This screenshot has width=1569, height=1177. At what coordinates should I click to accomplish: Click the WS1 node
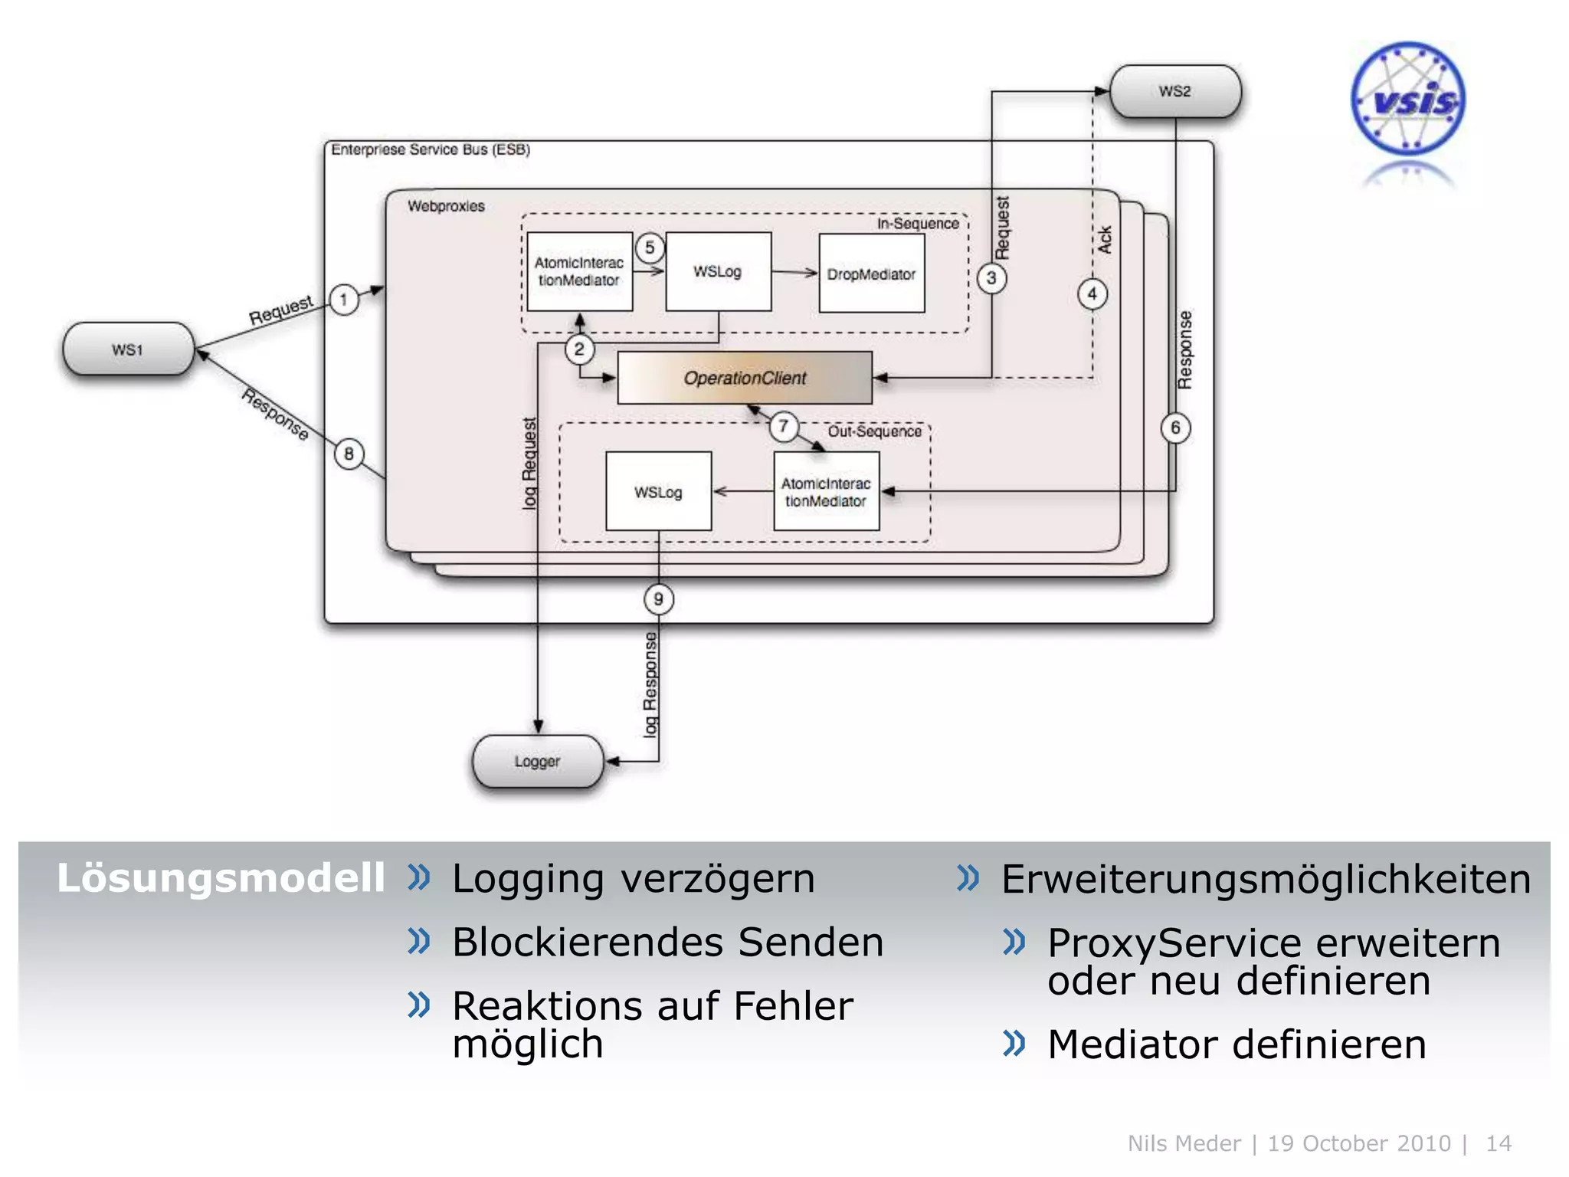(128, 349)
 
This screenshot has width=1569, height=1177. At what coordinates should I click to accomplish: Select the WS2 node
(1175, 91)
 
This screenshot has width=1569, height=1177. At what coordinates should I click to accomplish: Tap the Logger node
(538, 762)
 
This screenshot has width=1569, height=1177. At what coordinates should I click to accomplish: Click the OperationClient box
(745, 378)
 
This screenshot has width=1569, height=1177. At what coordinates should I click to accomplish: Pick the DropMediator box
(871, 274)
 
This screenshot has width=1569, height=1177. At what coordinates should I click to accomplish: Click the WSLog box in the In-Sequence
(718, 271)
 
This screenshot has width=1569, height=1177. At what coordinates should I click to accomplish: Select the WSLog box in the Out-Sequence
(658, 491)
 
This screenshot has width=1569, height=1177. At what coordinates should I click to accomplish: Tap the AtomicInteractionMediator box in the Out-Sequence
(826, 491)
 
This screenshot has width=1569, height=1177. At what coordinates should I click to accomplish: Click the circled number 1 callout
(344, 300)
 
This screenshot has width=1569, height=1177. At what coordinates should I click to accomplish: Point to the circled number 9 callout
(658, 599)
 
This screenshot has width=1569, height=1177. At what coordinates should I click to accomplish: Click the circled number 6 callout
(1175, 428)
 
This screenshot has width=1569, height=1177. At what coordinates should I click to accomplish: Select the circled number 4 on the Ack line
(1092, 293)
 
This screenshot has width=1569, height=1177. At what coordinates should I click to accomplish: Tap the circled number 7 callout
(784, 426)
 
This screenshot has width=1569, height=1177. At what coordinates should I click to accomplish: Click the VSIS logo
(1408, 100)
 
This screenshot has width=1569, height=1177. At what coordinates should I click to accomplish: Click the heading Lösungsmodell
(221, 878)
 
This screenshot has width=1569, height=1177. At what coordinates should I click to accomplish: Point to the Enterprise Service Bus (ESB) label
(431, 149)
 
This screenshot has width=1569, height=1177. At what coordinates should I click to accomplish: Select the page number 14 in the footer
(1498, 1143)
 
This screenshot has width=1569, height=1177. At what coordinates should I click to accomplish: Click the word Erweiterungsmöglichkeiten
(1266, 879)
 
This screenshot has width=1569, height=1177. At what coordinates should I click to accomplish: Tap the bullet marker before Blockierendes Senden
(419, 940)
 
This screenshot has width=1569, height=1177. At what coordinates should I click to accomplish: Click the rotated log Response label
(650, 684)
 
